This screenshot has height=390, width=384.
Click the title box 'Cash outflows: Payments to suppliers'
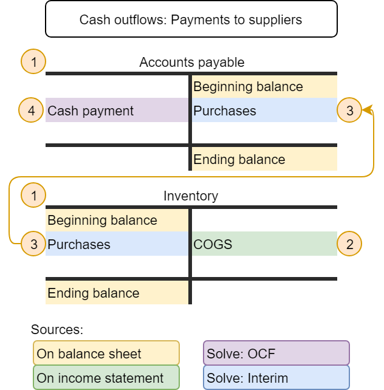coord(191,19)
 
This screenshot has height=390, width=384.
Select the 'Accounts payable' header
coord(191,62)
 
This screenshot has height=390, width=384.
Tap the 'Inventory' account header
coord(191,196)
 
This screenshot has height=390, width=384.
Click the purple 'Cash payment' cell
coord(117,111)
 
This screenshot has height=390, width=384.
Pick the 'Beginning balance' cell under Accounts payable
coord(264,86)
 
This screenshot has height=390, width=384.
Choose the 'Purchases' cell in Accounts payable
coord(264,111)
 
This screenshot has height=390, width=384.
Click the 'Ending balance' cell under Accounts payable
coord(264,159)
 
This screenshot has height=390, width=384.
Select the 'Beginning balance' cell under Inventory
coord(117,220)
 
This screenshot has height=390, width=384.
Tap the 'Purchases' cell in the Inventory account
coord(117,244)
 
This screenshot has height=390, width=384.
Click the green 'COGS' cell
coord(264,244)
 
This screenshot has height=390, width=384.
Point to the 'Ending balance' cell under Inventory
coord(117,293)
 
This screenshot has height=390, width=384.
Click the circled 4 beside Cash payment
coord(33,111)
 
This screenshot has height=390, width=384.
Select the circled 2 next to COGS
coord(349,244)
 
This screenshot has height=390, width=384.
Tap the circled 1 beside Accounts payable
coord(33,62)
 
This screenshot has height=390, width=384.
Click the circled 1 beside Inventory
coord(33,196)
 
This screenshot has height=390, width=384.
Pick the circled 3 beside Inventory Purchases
coord(33,244)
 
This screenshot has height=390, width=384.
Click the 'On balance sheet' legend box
coord(106,354)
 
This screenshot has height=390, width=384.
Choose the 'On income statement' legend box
coord(106,378)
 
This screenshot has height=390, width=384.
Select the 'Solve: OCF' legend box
coord(276,354)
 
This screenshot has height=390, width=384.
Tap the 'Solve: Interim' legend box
coord(276,378)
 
